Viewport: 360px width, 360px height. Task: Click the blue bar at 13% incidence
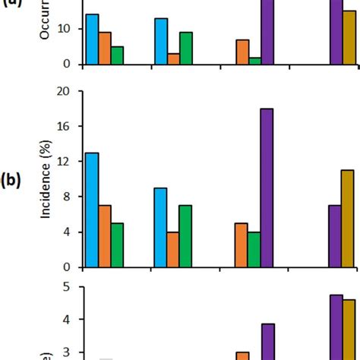pos(92,210)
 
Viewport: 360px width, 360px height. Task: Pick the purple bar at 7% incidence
pos(335,236)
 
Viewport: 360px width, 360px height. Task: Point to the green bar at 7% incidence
pos(185,236)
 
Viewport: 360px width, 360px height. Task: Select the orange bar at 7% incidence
pos(105,236)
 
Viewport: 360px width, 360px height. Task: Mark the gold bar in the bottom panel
pos(348,329)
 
